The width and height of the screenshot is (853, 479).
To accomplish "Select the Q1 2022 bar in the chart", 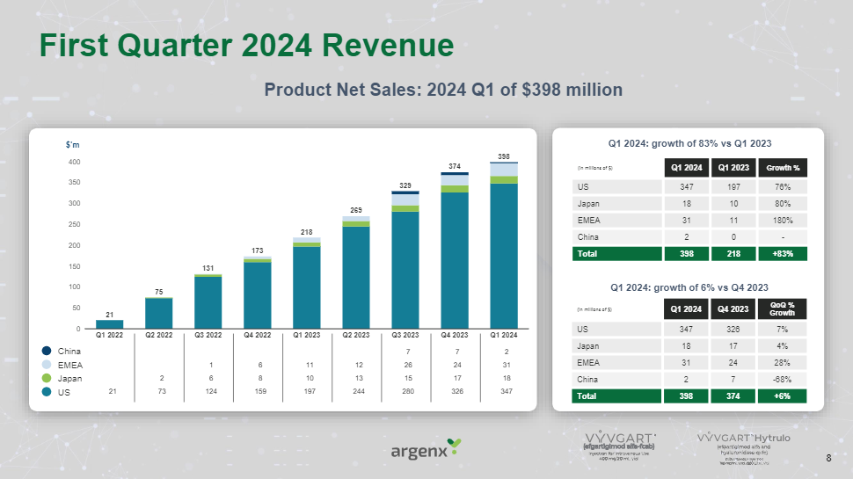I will (x=109, y=324).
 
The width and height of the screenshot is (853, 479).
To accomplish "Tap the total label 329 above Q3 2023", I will (x=405, y=185).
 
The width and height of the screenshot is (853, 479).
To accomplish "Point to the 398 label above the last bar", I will (x=503, y=156).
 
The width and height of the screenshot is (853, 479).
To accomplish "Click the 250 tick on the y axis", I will (x=76, y=224).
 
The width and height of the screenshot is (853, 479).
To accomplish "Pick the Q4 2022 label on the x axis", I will (x=257, y=335).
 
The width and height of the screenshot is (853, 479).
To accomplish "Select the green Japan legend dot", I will (x=47, y=379).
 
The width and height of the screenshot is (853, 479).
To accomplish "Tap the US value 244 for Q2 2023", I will (x=355, y=392).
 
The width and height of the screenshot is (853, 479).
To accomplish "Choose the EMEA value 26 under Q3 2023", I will (x=405, y=365).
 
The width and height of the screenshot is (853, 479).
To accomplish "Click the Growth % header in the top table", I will (x=783, y=166).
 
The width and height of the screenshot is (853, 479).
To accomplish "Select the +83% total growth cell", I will (x=783, y=253).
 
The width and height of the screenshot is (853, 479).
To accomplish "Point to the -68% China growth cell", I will (x=783, y=379).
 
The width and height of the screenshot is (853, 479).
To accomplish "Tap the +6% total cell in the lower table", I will (x=783, y=396).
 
